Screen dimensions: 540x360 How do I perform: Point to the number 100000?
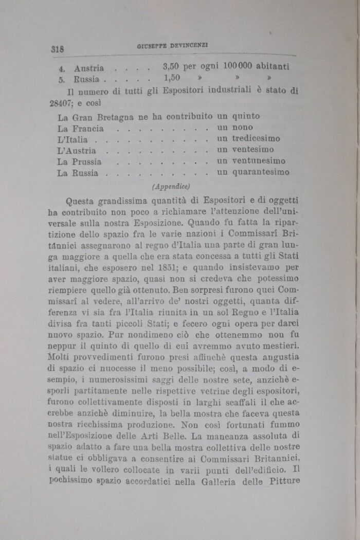242,67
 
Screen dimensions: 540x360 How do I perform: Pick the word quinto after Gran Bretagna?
246,117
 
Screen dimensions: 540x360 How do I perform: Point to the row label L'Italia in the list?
73,140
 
